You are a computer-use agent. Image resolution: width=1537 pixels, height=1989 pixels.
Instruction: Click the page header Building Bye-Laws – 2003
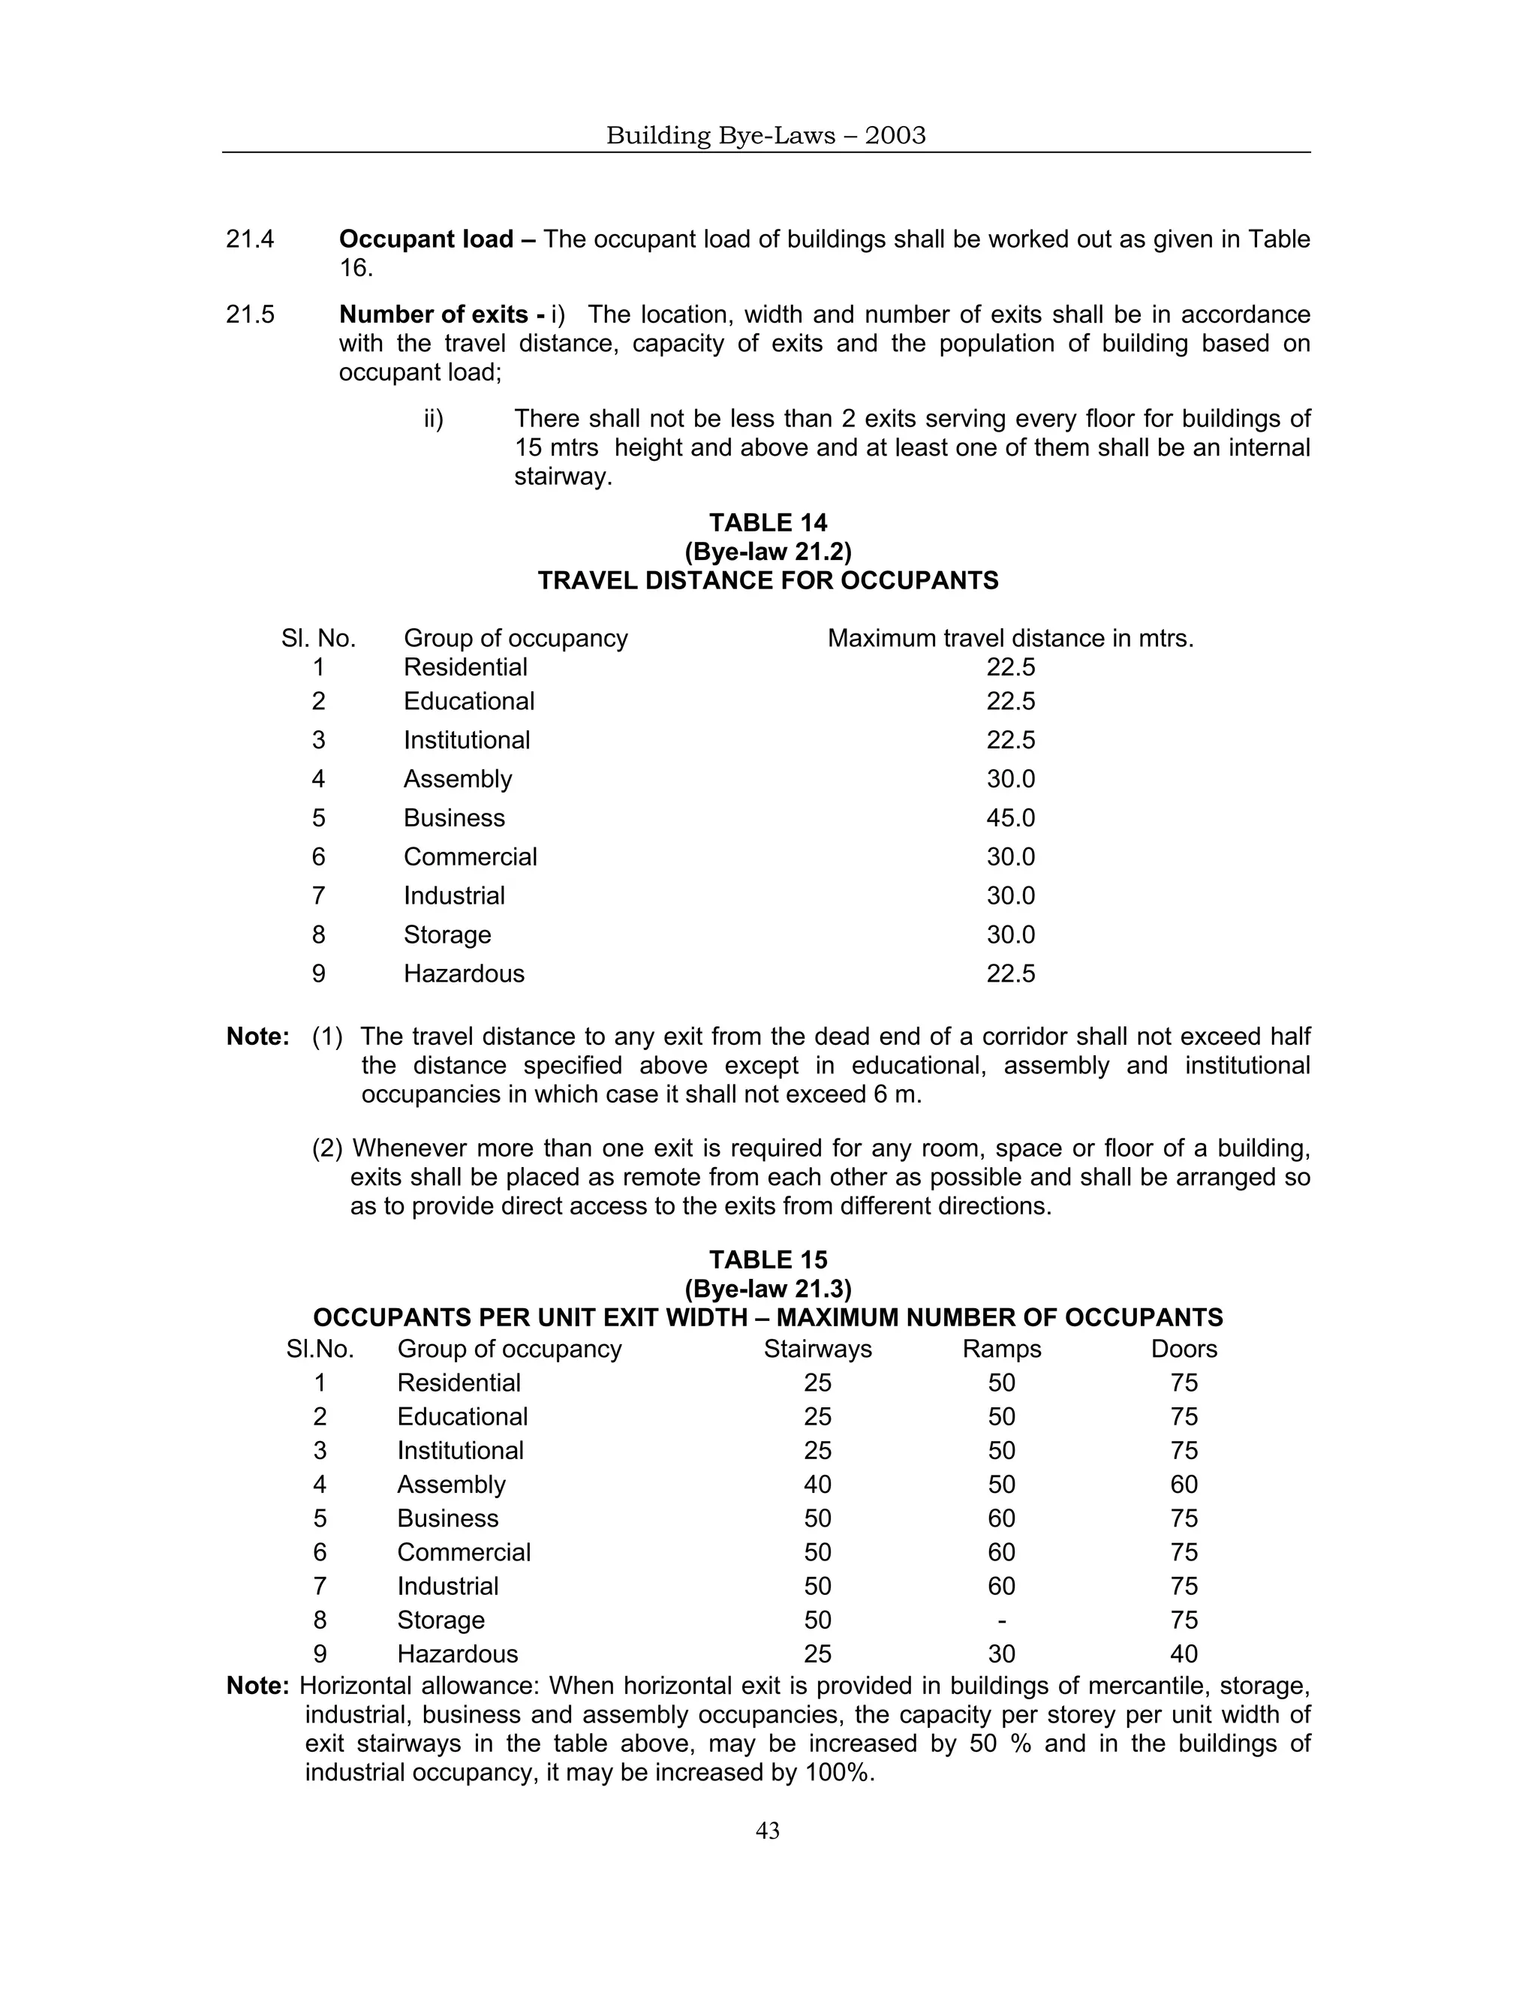(x=765, y=136)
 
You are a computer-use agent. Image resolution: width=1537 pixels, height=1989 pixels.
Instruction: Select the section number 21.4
(x=251, y=239)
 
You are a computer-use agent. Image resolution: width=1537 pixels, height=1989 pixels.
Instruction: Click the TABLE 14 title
(x=768, y=522)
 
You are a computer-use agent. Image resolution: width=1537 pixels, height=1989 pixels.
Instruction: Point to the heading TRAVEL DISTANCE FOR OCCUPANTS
(x=768, y=581)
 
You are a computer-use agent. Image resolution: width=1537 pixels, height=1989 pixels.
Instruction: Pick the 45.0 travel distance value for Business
(x=1011, y=818)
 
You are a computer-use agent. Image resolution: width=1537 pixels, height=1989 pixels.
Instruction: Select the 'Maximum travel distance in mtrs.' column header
(x=1011, y=639)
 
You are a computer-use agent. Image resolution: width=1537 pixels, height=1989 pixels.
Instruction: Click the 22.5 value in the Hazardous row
(x=1011, y=973)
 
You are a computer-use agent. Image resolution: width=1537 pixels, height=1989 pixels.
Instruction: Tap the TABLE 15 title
(x=768, y=1259)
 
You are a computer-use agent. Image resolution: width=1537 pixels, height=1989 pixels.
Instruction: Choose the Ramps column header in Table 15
(x=1002, y=1349)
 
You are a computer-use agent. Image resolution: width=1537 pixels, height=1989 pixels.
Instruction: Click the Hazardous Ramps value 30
(x=1002, y=1653)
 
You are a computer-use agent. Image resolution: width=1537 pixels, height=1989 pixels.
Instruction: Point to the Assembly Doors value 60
(x=1184, y=1485)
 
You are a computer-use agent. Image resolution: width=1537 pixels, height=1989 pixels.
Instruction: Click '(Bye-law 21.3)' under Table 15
(x=768, y=1289)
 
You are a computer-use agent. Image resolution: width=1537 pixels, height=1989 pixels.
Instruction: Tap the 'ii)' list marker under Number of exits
(x=434, y=419)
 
